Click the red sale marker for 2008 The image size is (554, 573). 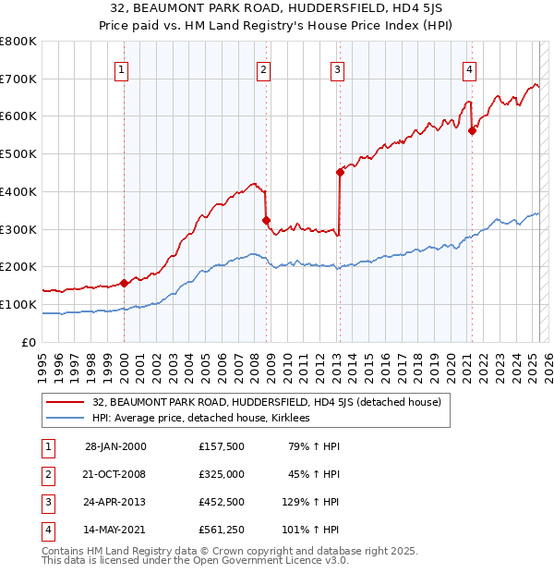tap(266, 220)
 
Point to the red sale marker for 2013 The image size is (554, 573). tap(340, 172)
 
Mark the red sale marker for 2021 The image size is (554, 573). tap(472, 131)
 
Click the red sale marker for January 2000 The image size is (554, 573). tap(124, 283)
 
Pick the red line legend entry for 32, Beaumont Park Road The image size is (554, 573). tap(267, 402)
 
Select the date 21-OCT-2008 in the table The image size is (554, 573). tap(115, 474)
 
